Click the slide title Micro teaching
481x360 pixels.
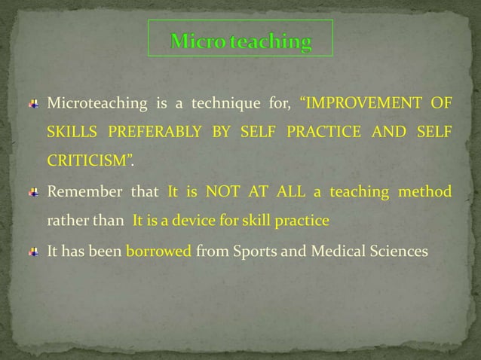[x=240, y=42]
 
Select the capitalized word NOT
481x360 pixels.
[x=222, y=192]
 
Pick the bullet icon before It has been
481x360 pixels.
[x=34, y=251]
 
